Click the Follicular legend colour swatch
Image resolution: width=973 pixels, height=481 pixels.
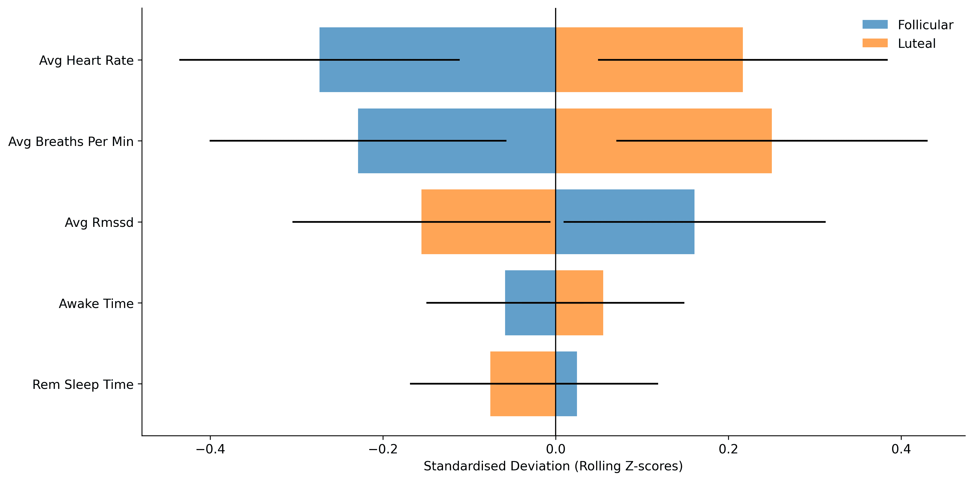pyautogui.click(x=875, y=25)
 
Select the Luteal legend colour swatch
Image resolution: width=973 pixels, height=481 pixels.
pyautogui.click(x=875, y=43)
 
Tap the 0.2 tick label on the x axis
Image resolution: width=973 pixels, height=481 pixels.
pyautogui.click(x=728, y=449)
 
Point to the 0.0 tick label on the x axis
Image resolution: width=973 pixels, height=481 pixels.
pyautogui.click(x=556, y=449)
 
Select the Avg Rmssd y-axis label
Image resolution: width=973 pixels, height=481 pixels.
pyautogui.click(x=99, y=222)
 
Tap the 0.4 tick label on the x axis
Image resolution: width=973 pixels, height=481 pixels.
pyautogui.click(x=901, y=449)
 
